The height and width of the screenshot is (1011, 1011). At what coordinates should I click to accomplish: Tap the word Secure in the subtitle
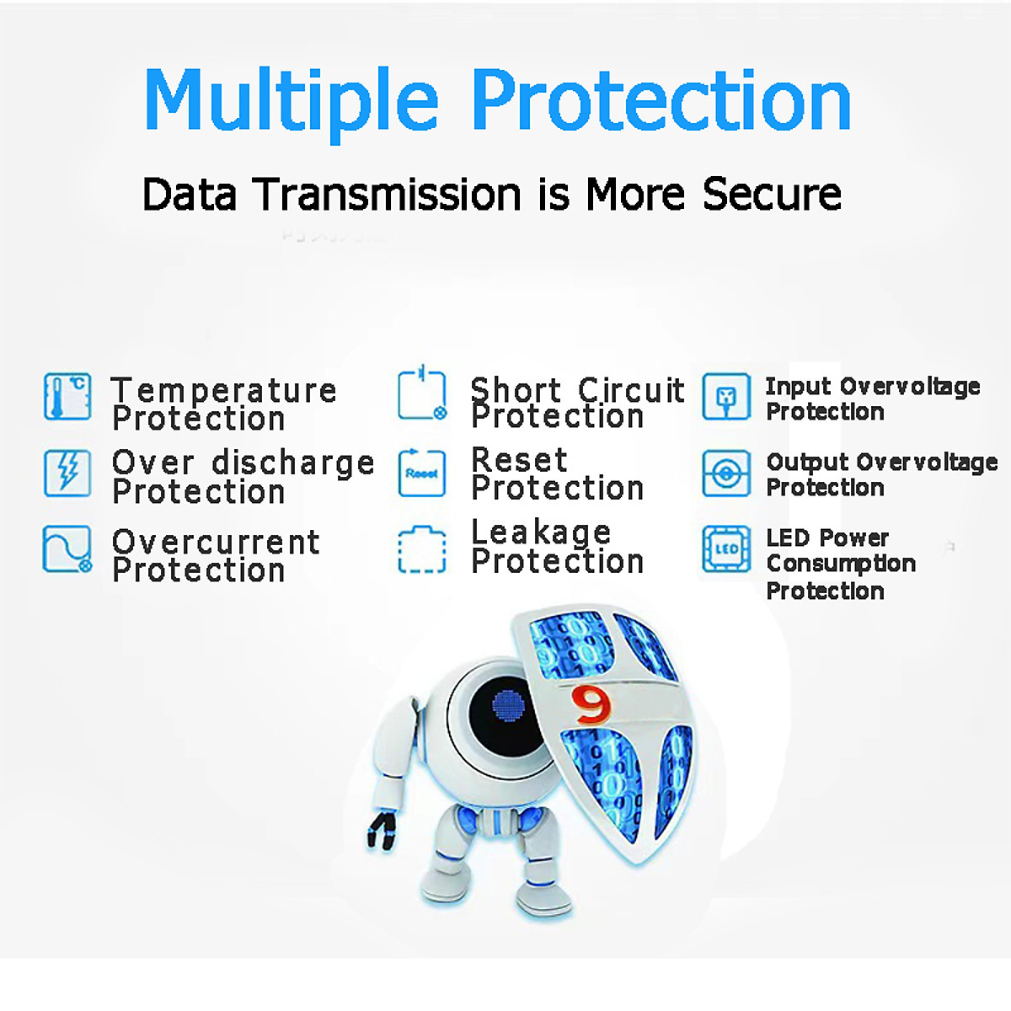(772, 194)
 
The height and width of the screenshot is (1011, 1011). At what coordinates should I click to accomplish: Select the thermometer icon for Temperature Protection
(67, 397)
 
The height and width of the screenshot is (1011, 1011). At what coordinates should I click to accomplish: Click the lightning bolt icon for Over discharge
(67, 473)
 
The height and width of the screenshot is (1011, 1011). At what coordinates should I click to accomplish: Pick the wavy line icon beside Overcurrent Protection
(67, 549)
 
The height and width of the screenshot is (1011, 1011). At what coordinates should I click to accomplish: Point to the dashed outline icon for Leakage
(422, 549)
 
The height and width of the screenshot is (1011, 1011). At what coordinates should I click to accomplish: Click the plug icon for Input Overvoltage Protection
(726, 397)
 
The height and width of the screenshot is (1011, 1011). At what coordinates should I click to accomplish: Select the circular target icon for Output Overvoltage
(726, 473)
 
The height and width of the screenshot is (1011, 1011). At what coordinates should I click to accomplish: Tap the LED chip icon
(726, 549)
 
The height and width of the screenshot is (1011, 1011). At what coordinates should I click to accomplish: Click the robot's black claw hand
(382, 830)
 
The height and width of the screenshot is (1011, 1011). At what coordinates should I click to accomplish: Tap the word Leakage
(541, 532)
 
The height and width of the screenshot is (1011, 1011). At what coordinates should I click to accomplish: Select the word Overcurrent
(216, 542)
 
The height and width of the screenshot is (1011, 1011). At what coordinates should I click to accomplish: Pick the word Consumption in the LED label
(841, 564)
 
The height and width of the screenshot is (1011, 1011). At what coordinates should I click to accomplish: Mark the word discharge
(292, 463)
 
